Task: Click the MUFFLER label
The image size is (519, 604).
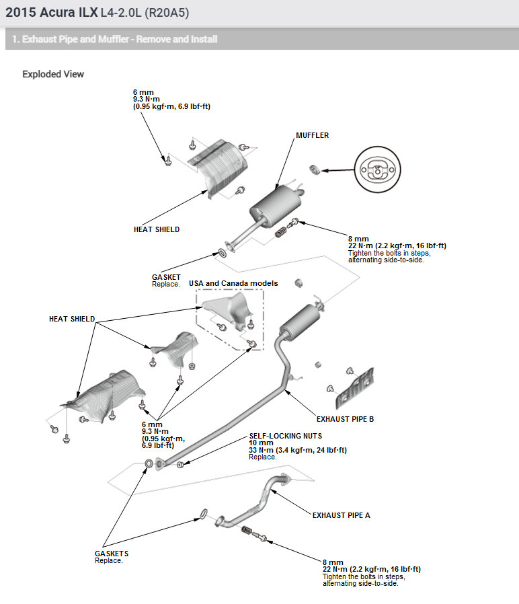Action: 312,135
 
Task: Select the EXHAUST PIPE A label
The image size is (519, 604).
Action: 341,515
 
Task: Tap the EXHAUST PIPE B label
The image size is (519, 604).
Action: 345,419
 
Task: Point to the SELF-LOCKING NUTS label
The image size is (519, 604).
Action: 284,436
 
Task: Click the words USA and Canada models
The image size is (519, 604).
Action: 233,283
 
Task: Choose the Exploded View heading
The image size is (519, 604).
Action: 53,74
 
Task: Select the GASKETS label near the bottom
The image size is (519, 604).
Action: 112,554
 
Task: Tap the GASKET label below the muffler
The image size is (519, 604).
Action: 166,277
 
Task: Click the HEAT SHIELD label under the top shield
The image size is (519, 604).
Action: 157,229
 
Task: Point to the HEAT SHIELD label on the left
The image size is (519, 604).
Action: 72,319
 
